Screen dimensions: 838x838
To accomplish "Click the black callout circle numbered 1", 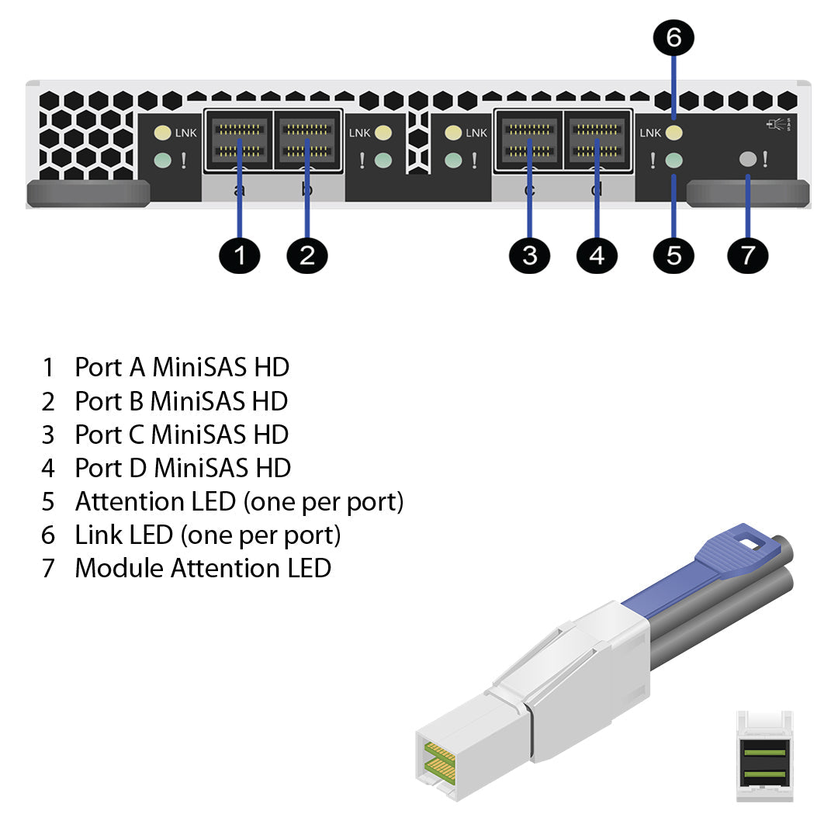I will click(x=240, y=255).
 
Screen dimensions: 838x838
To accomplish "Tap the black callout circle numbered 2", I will click(x=307, y=255).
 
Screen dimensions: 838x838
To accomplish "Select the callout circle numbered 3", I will click(x=530, y=255).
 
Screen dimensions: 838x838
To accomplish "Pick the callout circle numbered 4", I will click(x=597, y=255).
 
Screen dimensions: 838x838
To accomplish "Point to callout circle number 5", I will click(x=674, y=255).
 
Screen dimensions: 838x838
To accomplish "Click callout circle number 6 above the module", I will click(x=674, y=38).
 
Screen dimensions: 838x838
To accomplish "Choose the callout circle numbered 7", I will click(x=748, y=255).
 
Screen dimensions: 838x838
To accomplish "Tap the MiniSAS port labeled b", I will click(x=307, y=140).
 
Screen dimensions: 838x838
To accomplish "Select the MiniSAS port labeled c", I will click(x=530, y=140).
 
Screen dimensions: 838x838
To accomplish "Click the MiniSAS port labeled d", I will click(x=597, y=140).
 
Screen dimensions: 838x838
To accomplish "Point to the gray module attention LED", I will click(x=748, y=160).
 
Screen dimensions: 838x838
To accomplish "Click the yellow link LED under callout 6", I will click(x=674, y=133).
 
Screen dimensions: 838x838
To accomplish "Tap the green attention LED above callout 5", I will click(x=674, y=161).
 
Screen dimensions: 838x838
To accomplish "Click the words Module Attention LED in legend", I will click(x=203, y=568).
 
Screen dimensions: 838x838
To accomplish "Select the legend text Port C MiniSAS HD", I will click(x=182, y=435).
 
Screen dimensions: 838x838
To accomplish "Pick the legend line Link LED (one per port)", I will click(x=207, y=535).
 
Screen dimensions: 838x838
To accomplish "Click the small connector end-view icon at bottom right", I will click(x=764, y=756).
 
